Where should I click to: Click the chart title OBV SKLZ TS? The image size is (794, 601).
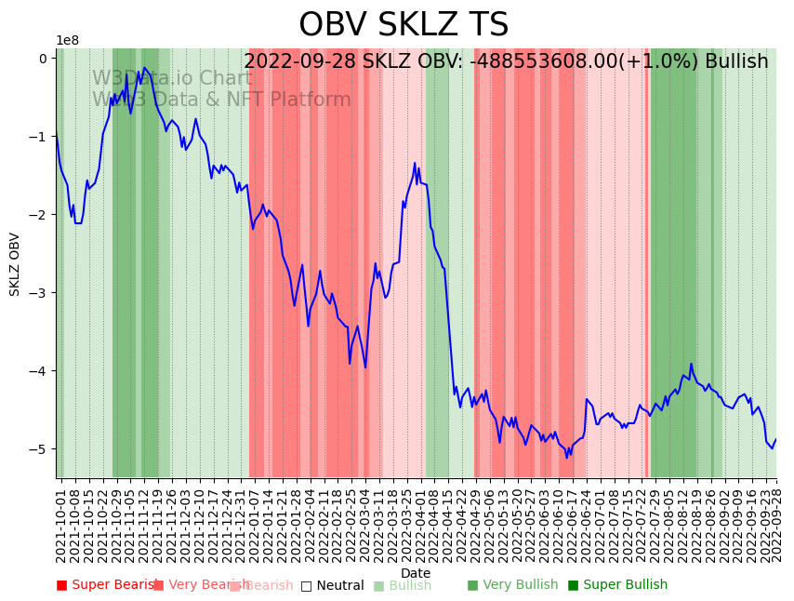point(404,25)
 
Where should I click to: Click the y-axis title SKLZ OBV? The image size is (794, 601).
point(15,264)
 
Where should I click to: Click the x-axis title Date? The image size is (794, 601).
point(416,573)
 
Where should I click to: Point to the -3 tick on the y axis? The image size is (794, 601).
point(41,293)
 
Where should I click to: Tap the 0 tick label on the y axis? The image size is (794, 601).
point(43,59)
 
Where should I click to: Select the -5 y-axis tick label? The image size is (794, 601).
point(41,449)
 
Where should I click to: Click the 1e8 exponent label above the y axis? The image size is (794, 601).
point(67,41)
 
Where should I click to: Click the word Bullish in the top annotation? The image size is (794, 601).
point(736,62)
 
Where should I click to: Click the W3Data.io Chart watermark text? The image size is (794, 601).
point(171,78)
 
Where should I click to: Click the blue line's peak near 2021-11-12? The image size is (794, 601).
point(144,67)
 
